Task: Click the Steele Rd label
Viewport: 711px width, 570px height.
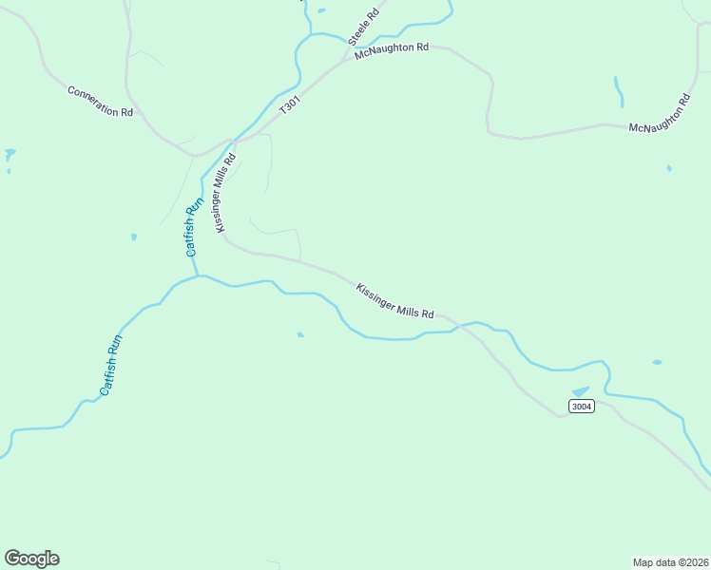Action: [x=363, y=28]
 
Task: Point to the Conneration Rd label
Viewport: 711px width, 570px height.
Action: [x=100, y=102]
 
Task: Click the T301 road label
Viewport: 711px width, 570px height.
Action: [x=289, y=104]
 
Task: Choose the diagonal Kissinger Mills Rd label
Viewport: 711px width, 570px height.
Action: [x=394, y=300]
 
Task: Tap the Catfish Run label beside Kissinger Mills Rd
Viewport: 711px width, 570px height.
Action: [x=194, y=227]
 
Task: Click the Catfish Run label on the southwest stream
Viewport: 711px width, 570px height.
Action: [x=112, y=365]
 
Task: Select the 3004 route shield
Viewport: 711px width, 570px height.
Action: [x=582, y=407]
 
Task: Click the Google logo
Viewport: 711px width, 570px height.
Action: [x=31, y=559]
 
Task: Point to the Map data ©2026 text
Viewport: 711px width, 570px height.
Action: [x=670, y=561]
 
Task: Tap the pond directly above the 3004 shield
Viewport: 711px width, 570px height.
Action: [x=580, y=391]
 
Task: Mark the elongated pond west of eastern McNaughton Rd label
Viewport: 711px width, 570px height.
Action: [x=619, y=91]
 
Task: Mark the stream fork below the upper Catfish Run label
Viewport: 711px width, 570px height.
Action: [x=198, y=276]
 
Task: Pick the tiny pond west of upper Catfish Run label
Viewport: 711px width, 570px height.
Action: [x=134, y=237]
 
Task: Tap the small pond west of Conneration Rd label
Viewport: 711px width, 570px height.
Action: [x=10, y=153]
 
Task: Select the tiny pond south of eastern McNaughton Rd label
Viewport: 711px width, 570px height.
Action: [x=669, y=168]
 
